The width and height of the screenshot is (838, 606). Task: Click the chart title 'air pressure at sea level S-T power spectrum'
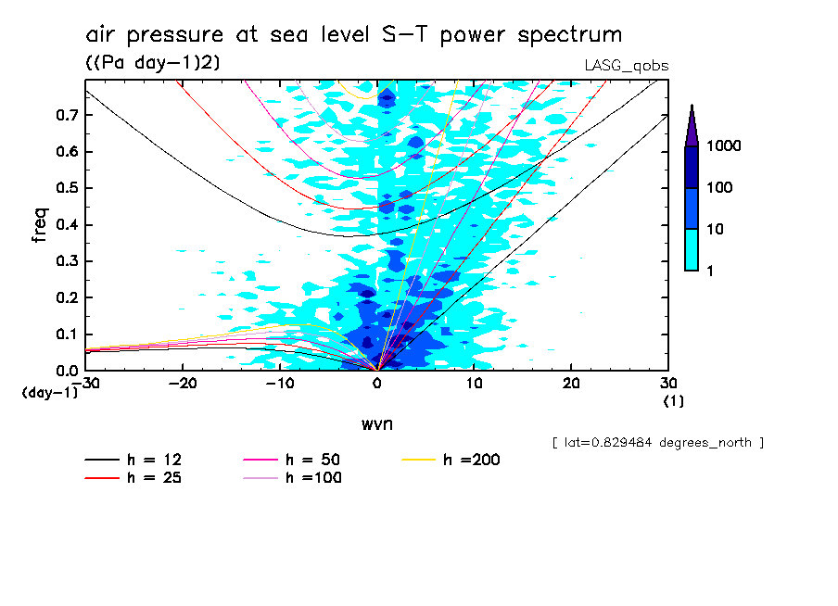click(x=353, y=35)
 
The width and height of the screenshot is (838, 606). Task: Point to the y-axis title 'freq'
click(x=40, y=224)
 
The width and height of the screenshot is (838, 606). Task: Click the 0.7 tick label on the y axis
click(x=65, y=115)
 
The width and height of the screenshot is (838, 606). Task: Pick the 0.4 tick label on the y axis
click(x=65, y=225)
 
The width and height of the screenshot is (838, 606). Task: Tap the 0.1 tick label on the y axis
click(x=65, y=335)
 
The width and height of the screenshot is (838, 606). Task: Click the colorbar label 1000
click(x=728, y=146)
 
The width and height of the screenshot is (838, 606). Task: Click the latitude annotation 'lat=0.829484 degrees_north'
click(x=657, y=443)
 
